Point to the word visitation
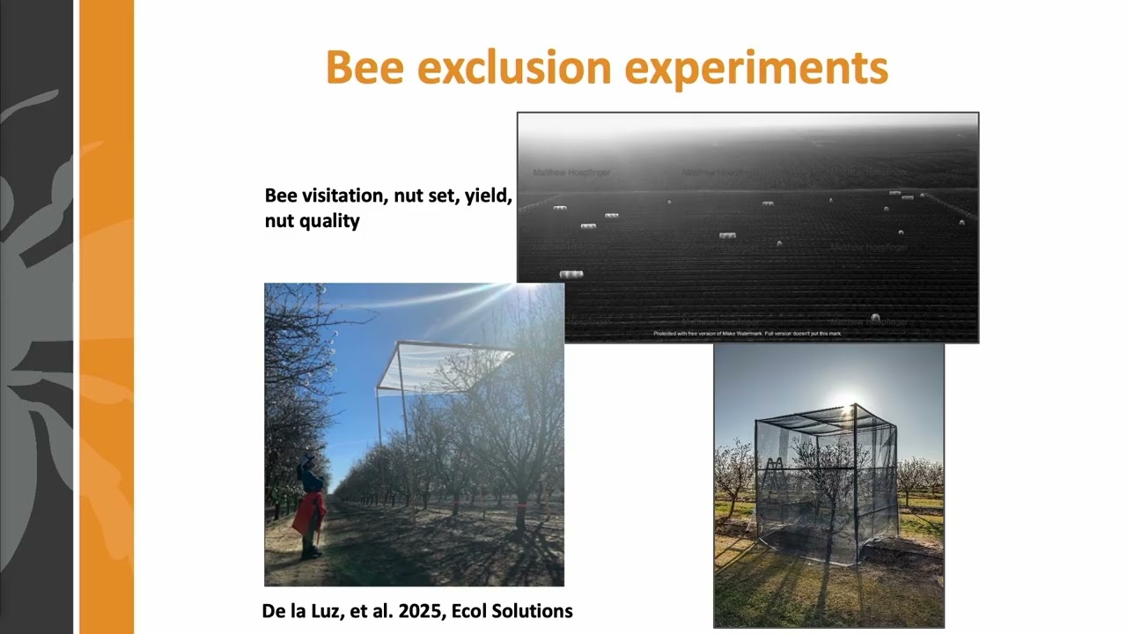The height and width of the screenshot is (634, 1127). coord(348,195)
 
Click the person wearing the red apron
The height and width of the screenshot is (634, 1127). coord(309,511)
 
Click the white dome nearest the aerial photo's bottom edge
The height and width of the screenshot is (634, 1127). coord(874,317)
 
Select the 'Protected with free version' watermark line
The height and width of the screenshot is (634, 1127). coord(747,334)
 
